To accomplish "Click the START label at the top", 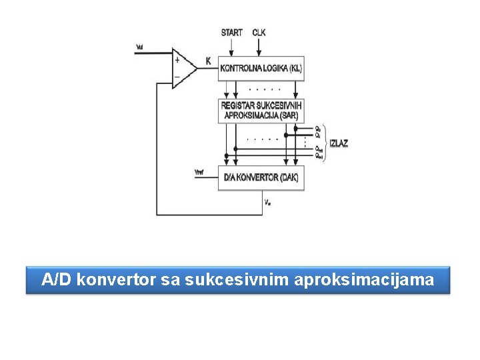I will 231,32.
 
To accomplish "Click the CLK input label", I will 259,32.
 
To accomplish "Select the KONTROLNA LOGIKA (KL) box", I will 261,68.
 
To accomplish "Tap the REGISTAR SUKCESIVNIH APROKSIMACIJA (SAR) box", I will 261,110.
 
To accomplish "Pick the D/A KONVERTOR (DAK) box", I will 261,177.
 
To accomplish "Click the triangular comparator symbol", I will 183,68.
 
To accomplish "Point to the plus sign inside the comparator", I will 177,59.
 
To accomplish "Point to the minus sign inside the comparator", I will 177,77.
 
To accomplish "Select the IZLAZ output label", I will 339,143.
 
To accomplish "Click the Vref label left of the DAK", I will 199,173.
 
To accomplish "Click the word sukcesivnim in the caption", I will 212,280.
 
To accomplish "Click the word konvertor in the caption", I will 116,280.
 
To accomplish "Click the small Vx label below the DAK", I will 267,202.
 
